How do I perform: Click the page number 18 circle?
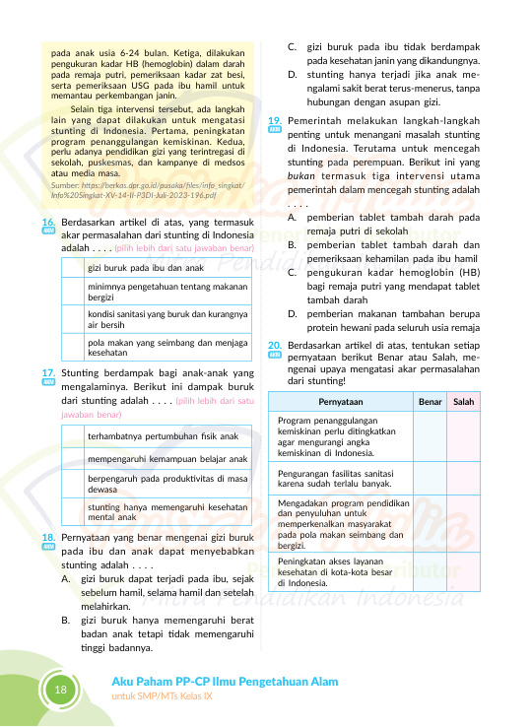tap(61, 690)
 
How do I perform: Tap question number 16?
tap(47, 225)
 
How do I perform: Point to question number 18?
tap(47, 538)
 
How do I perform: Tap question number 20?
tap(275, 346)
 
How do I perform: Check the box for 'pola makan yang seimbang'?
tap(72, 345)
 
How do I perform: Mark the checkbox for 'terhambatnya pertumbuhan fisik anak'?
tap(72, 435)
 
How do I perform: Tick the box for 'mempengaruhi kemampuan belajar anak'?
tap(72, 459)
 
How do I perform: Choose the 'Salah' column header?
tap(463, 402)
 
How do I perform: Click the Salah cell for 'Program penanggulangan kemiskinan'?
tap(463, 437)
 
